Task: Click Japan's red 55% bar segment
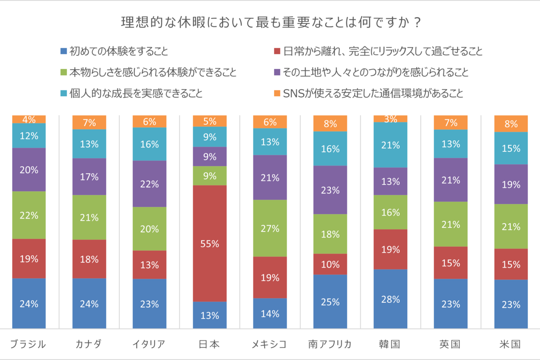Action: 210,243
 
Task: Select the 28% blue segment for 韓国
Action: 391,299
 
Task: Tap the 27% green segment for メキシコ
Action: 270,228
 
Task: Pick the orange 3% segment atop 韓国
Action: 391,119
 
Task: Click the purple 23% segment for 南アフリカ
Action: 330,190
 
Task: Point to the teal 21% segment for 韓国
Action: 391,145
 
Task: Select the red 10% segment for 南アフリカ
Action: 330,264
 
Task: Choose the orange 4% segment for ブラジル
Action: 29,119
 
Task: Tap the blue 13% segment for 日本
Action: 210,315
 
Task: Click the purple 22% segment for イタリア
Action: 149,184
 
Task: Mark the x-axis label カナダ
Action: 89,345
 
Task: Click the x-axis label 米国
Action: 510,345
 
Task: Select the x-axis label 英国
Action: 450,345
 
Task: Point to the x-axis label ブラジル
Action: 29,345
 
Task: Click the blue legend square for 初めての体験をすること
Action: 63,51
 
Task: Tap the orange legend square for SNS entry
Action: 277,94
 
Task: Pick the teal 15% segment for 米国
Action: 510,148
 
